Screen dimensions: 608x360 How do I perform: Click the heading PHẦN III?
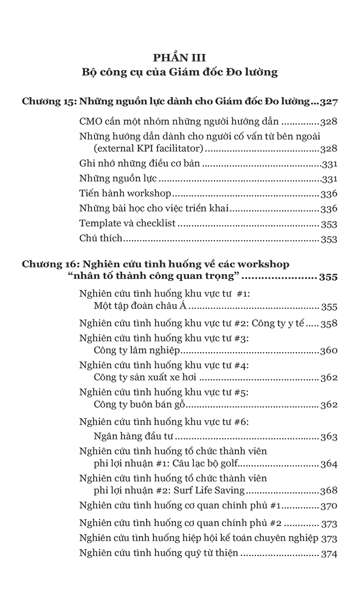pyautogui.click(x=180, y=58)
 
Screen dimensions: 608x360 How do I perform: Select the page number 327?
pyautogui.click(x=328, y=102)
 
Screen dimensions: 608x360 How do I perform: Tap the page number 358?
pyautogui.click(x=329, y=323)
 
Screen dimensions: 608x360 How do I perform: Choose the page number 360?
pyautogui.click(x=329, y=351)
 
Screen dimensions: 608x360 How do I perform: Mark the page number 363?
pyautogui.click(x=329, y=436)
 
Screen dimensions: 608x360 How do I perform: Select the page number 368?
pyautogui.click(x=329, y=491)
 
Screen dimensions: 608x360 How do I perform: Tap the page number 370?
pyautogui.click(x=329, y=506)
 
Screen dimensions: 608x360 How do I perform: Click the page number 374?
pyautogui.click(x=329, y=554)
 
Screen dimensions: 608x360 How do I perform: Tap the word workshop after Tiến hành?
pyautogui.click(x=149, y=194)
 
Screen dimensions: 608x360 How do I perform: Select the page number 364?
pyautogui.click(x=329, y=464)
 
